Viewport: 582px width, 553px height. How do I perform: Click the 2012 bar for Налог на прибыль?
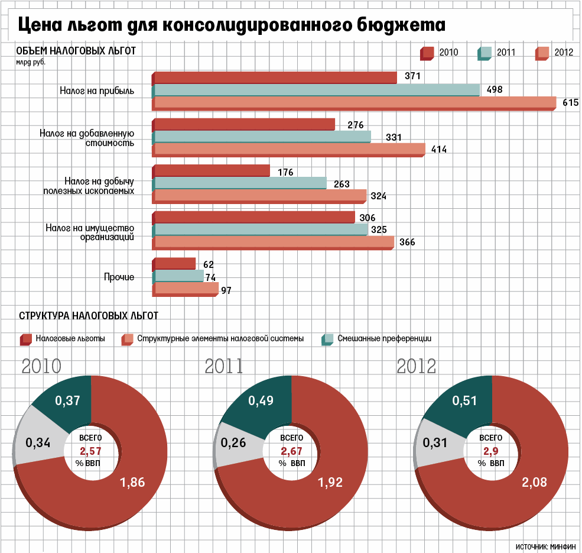click(x=355, y=103)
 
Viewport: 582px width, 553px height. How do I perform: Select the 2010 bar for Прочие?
click(x=174, y=264)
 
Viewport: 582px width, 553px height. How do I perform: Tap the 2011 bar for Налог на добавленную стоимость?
click(x=262, y=137)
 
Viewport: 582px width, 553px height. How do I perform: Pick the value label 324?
click(x=379, y=196)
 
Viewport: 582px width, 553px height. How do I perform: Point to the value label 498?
click(x=494, y=90)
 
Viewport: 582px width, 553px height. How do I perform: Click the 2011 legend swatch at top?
click(x=485, y=53)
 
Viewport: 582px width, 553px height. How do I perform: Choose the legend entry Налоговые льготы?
click(x=70, y=339)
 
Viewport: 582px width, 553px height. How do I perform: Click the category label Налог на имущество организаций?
click(x=90, y=232)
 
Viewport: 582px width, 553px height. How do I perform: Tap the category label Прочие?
click(x=119, y=277)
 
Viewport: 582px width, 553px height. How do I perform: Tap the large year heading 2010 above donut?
click(x=41, y=366)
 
